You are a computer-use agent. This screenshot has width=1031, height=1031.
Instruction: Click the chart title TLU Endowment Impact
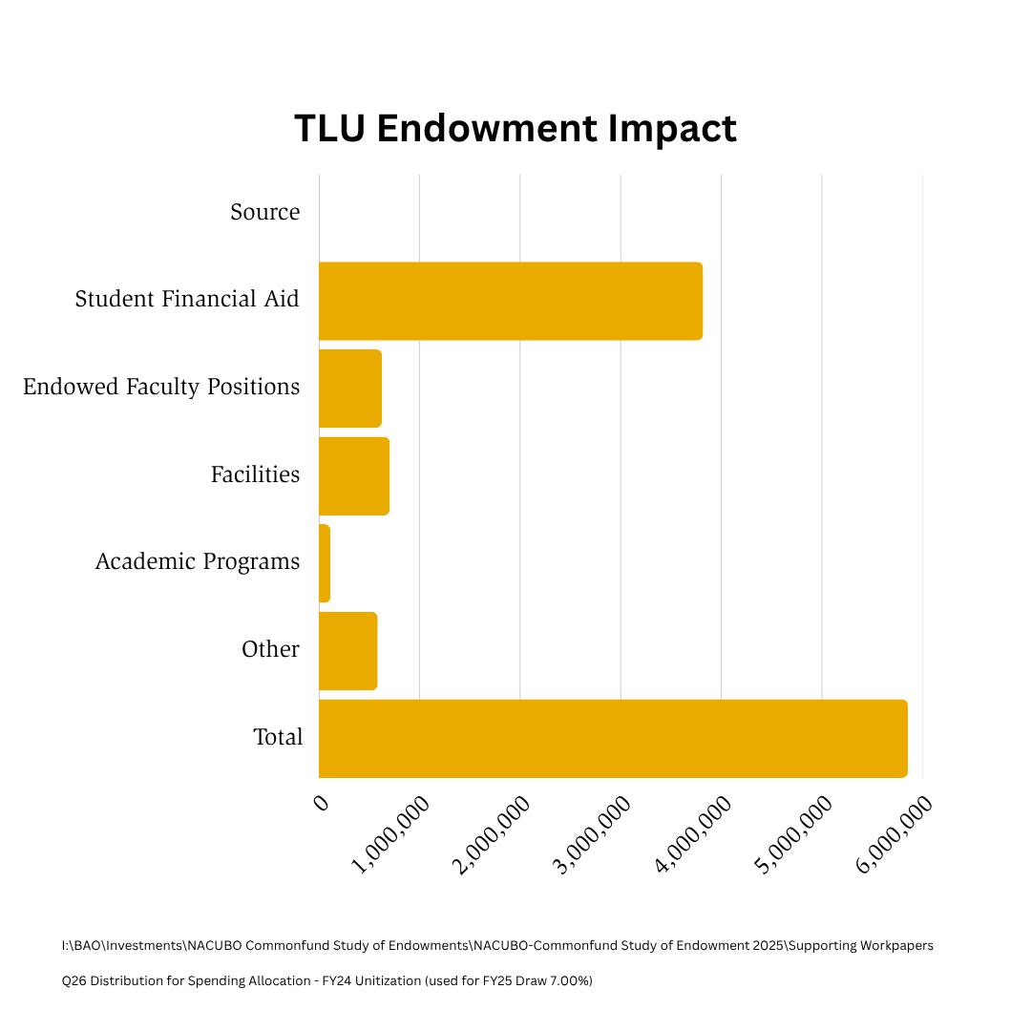coord(515,129)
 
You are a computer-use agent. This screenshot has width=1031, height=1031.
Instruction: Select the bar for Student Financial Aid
coord(511,301)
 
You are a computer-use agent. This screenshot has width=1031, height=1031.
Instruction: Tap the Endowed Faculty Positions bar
coord(350,389)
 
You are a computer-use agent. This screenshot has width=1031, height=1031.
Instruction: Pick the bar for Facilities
coord(354,476)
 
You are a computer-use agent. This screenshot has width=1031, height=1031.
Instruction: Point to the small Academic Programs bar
coord(325,563)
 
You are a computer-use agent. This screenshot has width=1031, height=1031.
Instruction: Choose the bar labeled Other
coord(348,651)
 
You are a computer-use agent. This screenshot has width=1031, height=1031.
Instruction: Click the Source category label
coord(264,212)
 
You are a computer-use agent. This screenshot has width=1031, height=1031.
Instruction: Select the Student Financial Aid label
coord(187,299)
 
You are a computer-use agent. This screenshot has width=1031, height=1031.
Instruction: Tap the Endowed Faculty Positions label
coord(161,387)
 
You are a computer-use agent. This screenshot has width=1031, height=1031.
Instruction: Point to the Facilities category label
coord(255,474)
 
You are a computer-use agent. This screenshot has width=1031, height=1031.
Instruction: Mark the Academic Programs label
coord(198,561)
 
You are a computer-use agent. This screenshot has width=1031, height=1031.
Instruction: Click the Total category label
coord(278,737)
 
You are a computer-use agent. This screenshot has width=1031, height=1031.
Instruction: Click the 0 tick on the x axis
coord(322,802)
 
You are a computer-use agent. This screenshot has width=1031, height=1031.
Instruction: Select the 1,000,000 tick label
coord(391,833)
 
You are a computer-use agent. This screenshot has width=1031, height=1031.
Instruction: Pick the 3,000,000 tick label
coord(593,833)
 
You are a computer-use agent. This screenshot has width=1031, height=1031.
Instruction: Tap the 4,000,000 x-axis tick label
coord(694,833)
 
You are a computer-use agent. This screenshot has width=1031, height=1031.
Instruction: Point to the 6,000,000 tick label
coord(894,833)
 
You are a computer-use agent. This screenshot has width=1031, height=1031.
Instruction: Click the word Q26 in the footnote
coord(73,980)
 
